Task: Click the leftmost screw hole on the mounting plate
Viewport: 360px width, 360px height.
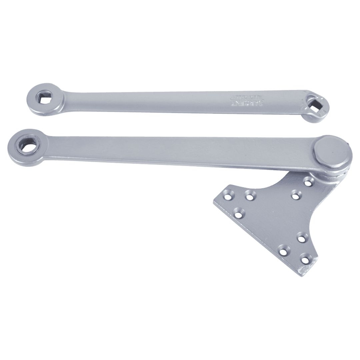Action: pos(228,194)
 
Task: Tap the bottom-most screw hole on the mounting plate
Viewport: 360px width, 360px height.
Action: pos(304,257)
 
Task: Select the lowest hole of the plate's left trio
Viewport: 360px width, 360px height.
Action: pos(239,212)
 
